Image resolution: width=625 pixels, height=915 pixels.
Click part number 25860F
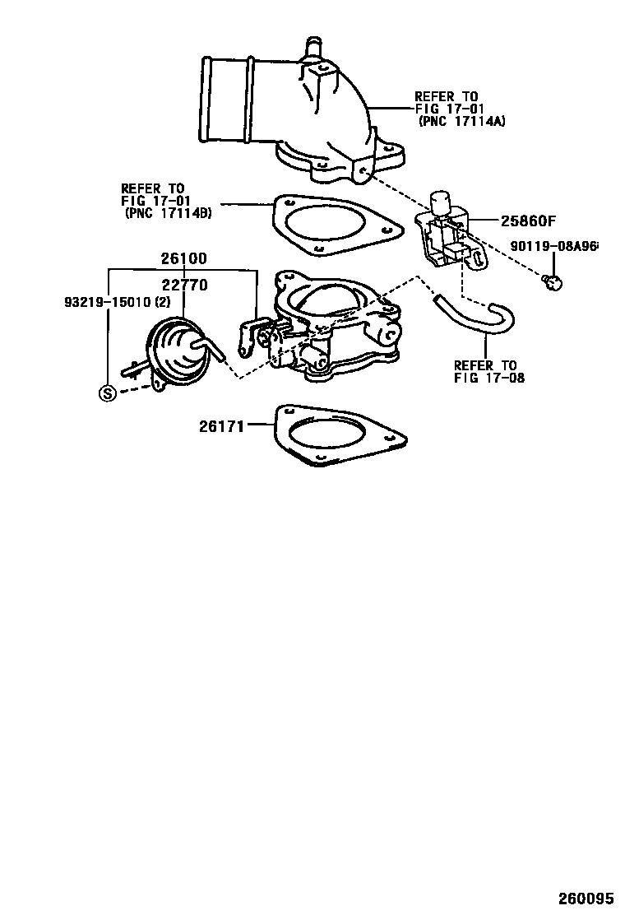(x=529, y=221)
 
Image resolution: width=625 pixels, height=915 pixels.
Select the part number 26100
(x=183, y=258)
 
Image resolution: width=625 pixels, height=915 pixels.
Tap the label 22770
(x=183, y=285)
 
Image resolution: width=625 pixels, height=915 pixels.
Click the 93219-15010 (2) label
(x=118, y=302)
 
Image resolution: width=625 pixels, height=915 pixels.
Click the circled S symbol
(x=107, y=393)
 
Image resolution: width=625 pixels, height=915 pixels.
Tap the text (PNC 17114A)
(x=461, y=121)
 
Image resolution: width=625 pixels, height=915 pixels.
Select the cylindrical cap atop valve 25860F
(x=442, y=200)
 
